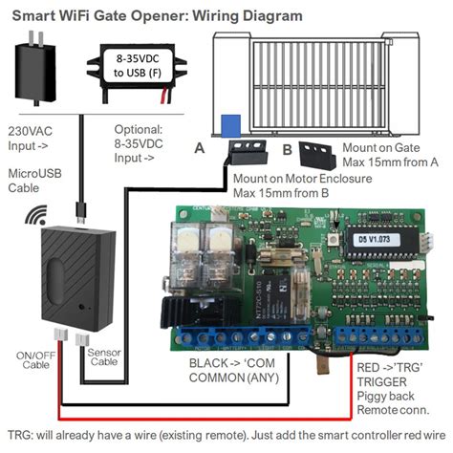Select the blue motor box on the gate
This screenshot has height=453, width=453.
[230, 125]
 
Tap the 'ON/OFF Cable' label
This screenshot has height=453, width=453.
[34, 360]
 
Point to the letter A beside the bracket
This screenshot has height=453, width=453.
[199, 148]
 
